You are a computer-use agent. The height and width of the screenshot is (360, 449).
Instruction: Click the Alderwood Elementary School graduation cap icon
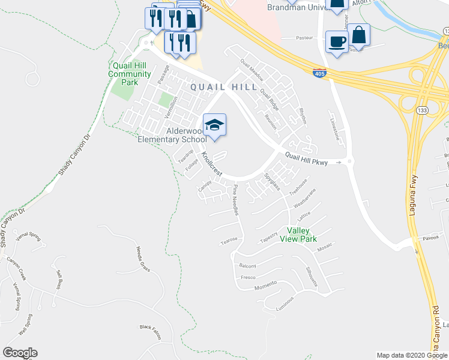tap(214, 125)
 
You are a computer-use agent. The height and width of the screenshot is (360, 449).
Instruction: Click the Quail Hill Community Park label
tap(130, 74)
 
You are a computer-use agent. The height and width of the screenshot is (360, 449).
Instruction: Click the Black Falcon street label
tap(151, 328)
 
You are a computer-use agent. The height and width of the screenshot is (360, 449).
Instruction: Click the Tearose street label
tap(229, 239)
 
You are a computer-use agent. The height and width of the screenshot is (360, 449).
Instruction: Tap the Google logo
tap(20, 353)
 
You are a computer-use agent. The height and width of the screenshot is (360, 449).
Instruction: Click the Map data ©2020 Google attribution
tap(411, 355)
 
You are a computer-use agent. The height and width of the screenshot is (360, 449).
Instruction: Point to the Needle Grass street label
tap(143, 257)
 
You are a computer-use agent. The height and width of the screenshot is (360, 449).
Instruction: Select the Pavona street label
tap(429, 238)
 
